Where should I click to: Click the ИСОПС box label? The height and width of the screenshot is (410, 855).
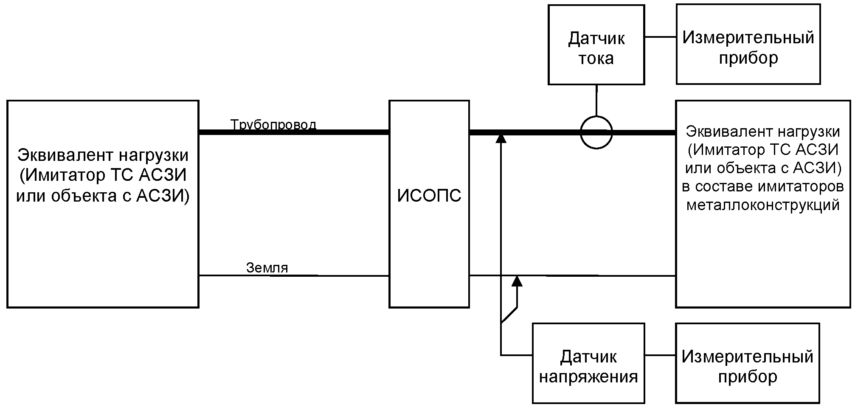(429, 196)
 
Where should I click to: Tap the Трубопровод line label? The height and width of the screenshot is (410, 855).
(273, 125)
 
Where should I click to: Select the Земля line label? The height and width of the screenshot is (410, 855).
(267, 268)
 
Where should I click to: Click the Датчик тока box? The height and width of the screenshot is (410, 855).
(596, 45)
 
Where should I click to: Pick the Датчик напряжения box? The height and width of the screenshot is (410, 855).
(588, 363)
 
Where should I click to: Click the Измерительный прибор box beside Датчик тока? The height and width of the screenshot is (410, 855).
(748, 44)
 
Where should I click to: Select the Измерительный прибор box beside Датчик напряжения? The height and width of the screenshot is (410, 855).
(748, 363)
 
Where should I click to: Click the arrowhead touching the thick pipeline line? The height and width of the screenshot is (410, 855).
(501, 138)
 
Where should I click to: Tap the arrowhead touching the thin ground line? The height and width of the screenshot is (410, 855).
(517, 281)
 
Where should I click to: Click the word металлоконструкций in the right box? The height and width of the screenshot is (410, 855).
(763, 205)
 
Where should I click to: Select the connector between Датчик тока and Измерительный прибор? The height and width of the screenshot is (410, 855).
(661, 37)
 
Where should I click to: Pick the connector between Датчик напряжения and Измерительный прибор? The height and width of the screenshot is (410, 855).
(660, 355)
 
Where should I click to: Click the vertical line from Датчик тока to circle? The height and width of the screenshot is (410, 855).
(596, 101)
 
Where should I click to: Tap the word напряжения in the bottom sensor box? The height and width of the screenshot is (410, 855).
(588, 377)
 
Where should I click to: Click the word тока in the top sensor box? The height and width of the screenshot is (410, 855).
(596, 58)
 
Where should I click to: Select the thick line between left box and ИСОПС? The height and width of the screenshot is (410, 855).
(294, 132)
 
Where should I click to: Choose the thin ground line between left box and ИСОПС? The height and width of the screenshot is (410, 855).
(294, 276)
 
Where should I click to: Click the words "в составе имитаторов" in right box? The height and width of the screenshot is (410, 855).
(763, 187)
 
